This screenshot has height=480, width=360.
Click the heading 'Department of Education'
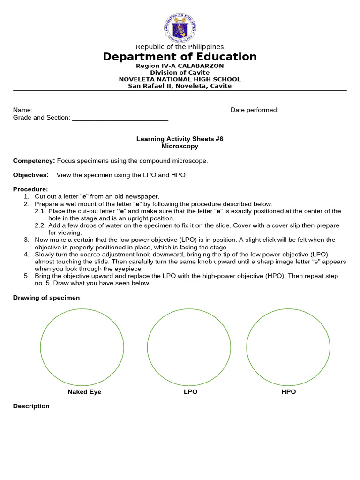pos(180,57)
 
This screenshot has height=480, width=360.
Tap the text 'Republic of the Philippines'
pos(180,47)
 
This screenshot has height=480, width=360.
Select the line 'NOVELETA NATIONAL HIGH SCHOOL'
pos(180,79)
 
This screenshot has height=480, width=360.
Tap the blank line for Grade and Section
pos(120,118)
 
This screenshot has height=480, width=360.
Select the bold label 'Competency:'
pos(34,161)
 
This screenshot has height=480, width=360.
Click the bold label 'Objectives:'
pos(31,175)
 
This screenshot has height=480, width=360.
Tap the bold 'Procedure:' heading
pos(30,189)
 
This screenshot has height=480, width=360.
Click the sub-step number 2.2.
pos(40,225)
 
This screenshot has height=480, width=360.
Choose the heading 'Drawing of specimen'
pos(46,298)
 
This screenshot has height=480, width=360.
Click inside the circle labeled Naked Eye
pos(82,347)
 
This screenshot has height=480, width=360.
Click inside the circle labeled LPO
pos(189,347)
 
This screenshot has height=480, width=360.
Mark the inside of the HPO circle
pos(288,347)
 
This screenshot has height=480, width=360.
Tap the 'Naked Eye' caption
pos(84,392)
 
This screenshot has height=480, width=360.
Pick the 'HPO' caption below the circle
pos(289,392)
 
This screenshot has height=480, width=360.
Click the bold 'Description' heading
pos(31,406)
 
